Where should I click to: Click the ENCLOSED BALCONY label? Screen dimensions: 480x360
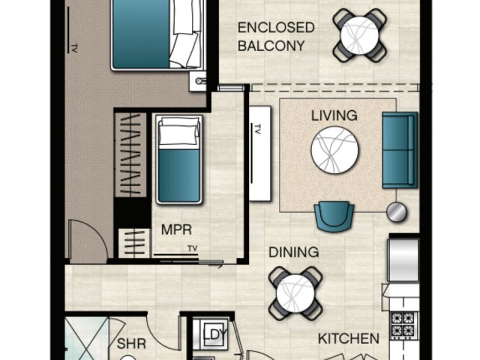click(276, 37)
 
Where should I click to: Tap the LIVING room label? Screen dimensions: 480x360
click(334, 116)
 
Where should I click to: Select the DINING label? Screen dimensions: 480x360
click(294, 252)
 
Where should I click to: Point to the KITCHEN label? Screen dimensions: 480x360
click(349, 338)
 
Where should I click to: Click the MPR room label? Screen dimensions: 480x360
click(176, 230)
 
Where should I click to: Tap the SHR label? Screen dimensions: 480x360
click(131, 343)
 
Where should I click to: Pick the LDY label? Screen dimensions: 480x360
click(215, 335)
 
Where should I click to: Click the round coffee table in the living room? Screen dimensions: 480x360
click(335, 150)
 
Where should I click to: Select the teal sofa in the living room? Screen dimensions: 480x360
click(400, 150)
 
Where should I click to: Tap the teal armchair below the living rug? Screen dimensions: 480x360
click(334, 216)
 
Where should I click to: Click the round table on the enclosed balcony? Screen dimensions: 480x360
click(359, 35)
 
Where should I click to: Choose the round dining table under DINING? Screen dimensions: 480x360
click(295, 293)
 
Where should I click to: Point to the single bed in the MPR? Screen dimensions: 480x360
click(179, 159)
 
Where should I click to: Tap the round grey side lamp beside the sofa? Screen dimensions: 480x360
click(396, 212)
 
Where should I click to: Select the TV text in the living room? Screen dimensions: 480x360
click(257, 129)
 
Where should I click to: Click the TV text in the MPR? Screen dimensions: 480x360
click(193, 248)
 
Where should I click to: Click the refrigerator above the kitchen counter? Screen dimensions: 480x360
click(403, 260)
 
